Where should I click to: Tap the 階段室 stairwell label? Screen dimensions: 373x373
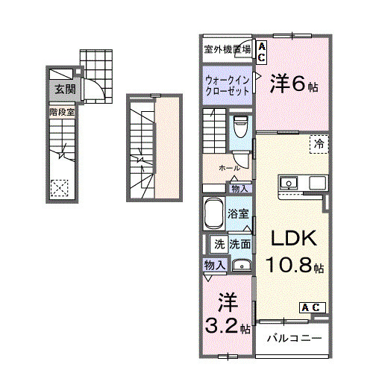coord(63,112)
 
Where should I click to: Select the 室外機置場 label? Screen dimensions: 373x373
coord(227,50)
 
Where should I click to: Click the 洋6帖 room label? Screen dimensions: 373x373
coord(293,84)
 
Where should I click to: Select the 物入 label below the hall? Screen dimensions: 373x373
coord(240,188)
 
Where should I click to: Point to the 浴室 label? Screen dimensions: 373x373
coord(240,213)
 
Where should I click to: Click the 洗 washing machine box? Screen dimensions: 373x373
coord(219,243)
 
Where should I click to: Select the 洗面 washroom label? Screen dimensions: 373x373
coord(239,243)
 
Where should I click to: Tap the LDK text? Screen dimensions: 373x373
coord(293,239)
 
